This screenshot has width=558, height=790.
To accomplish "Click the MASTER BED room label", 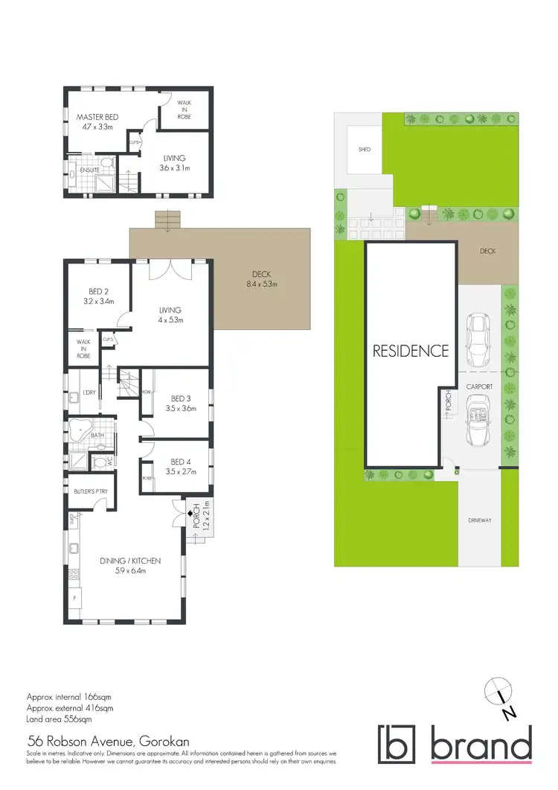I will coord(98,117).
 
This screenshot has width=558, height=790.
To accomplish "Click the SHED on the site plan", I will coord(365,150).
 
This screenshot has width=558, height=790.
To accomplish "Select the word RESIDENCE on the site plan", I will coord(411,351).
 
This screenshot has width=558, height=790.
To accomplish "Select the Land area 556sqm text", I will coord(59,719).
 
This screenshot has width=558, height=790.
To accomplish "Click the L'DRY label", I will coord(88,392).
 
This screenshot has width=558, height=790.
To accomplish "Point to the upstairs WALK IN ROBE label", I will coord(184,110).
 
